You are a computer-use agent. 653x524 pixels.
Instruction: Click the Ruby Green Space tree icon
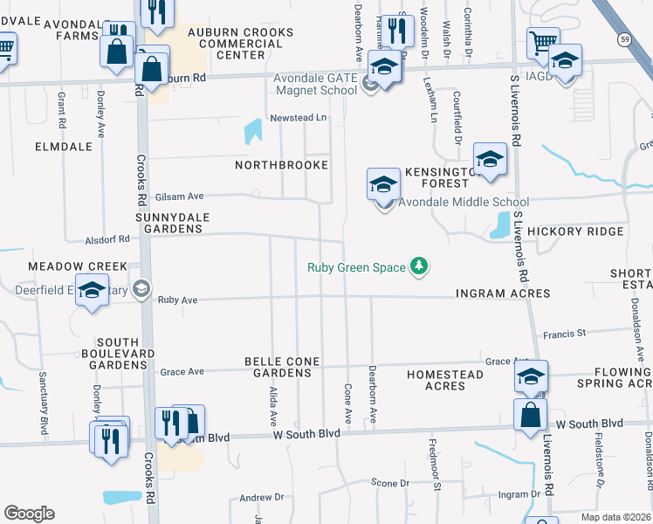coord(420,266)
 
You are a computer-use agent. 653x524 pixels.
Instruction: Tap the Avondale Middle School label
coord(464,203)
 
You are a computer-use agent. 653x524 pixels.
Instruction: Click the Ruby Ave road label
coord(178,300)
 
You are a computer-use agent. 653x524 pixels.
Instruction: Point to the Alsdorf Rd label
coord(107,238)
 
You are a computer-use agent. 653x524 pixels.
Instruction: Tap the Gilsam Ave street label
coord(179,196)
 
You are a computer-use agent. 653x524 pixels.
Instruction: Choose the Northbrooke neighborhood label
coord(282,165)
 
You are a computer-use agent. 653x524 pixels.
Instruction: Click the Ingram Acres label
coord(503,293)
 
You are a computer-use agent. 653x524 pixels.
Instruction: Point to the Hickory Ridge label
coord(575,231)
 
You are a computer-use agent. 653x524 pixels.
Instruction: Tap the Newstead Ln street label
coord(298,117)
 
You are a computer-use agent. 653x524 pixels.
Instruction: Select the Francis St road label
coord(564,334)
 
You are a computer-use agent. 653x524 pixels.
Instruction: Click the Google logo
coord(29,514)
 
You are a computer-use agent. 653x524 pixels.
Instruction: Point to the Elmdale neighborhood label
coord(64,147)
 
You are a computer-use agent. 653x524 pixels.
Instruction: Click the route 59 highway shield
coord(624,39)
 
